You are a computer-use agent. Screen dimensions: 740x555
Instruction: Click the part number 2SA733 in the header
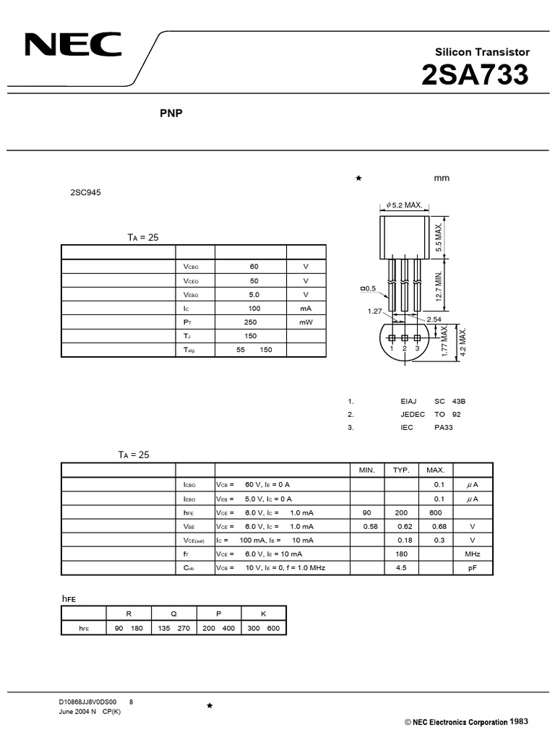point(474,75)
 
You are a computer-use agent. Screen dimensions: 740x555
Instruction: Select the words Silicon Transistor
point(482,52)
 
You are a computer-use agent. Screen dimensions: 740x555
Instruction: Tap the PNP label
point(171,113)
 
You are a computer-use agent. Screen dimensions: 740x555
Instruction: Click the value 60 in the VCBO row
point(254,267)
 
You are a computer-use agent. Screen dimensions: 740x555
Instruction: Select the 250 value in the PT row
point(251,322)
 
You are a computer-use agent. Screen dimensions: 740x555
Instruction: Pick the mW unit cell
point(306,322)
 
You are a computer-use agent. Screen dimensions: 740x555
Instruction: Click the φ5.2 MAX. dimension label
point(405,205)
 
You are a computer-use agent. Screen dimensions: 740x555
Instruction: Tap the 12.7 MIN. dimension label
point(438,286)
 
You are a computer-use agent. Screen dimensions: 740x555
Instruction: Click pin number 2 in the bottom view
point(405,348)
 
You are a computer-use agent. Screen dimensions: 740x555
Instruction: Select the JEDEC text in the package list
point(412,414)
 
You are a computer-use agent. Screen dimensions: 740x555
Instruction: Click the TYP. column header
point(401,470)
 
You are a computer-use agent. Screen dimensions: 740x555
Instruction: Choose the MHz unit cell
point(473,554)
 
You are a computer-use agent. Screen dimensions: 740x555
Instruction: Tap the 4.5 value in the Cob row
point(401,568)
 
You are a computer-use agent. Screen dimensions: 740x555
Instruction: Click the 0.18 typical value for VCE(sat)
point(404,540)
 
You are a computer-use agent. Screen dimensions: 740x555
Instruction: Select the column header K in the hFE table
point(263,614)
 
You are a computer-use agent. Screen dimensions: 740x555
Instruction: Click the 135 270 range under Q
point(173,628)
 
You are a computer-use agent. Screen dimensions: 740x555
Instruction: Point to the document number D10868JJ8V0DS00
point(87,702)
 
